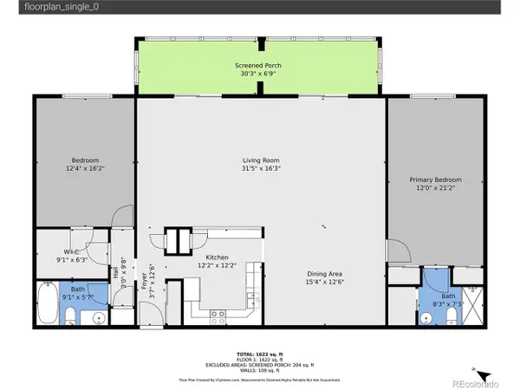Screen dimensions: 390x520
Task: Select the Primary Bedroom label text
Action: click(435, 179)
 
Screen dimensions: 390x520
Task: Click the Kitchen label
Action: click(216, 257)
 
